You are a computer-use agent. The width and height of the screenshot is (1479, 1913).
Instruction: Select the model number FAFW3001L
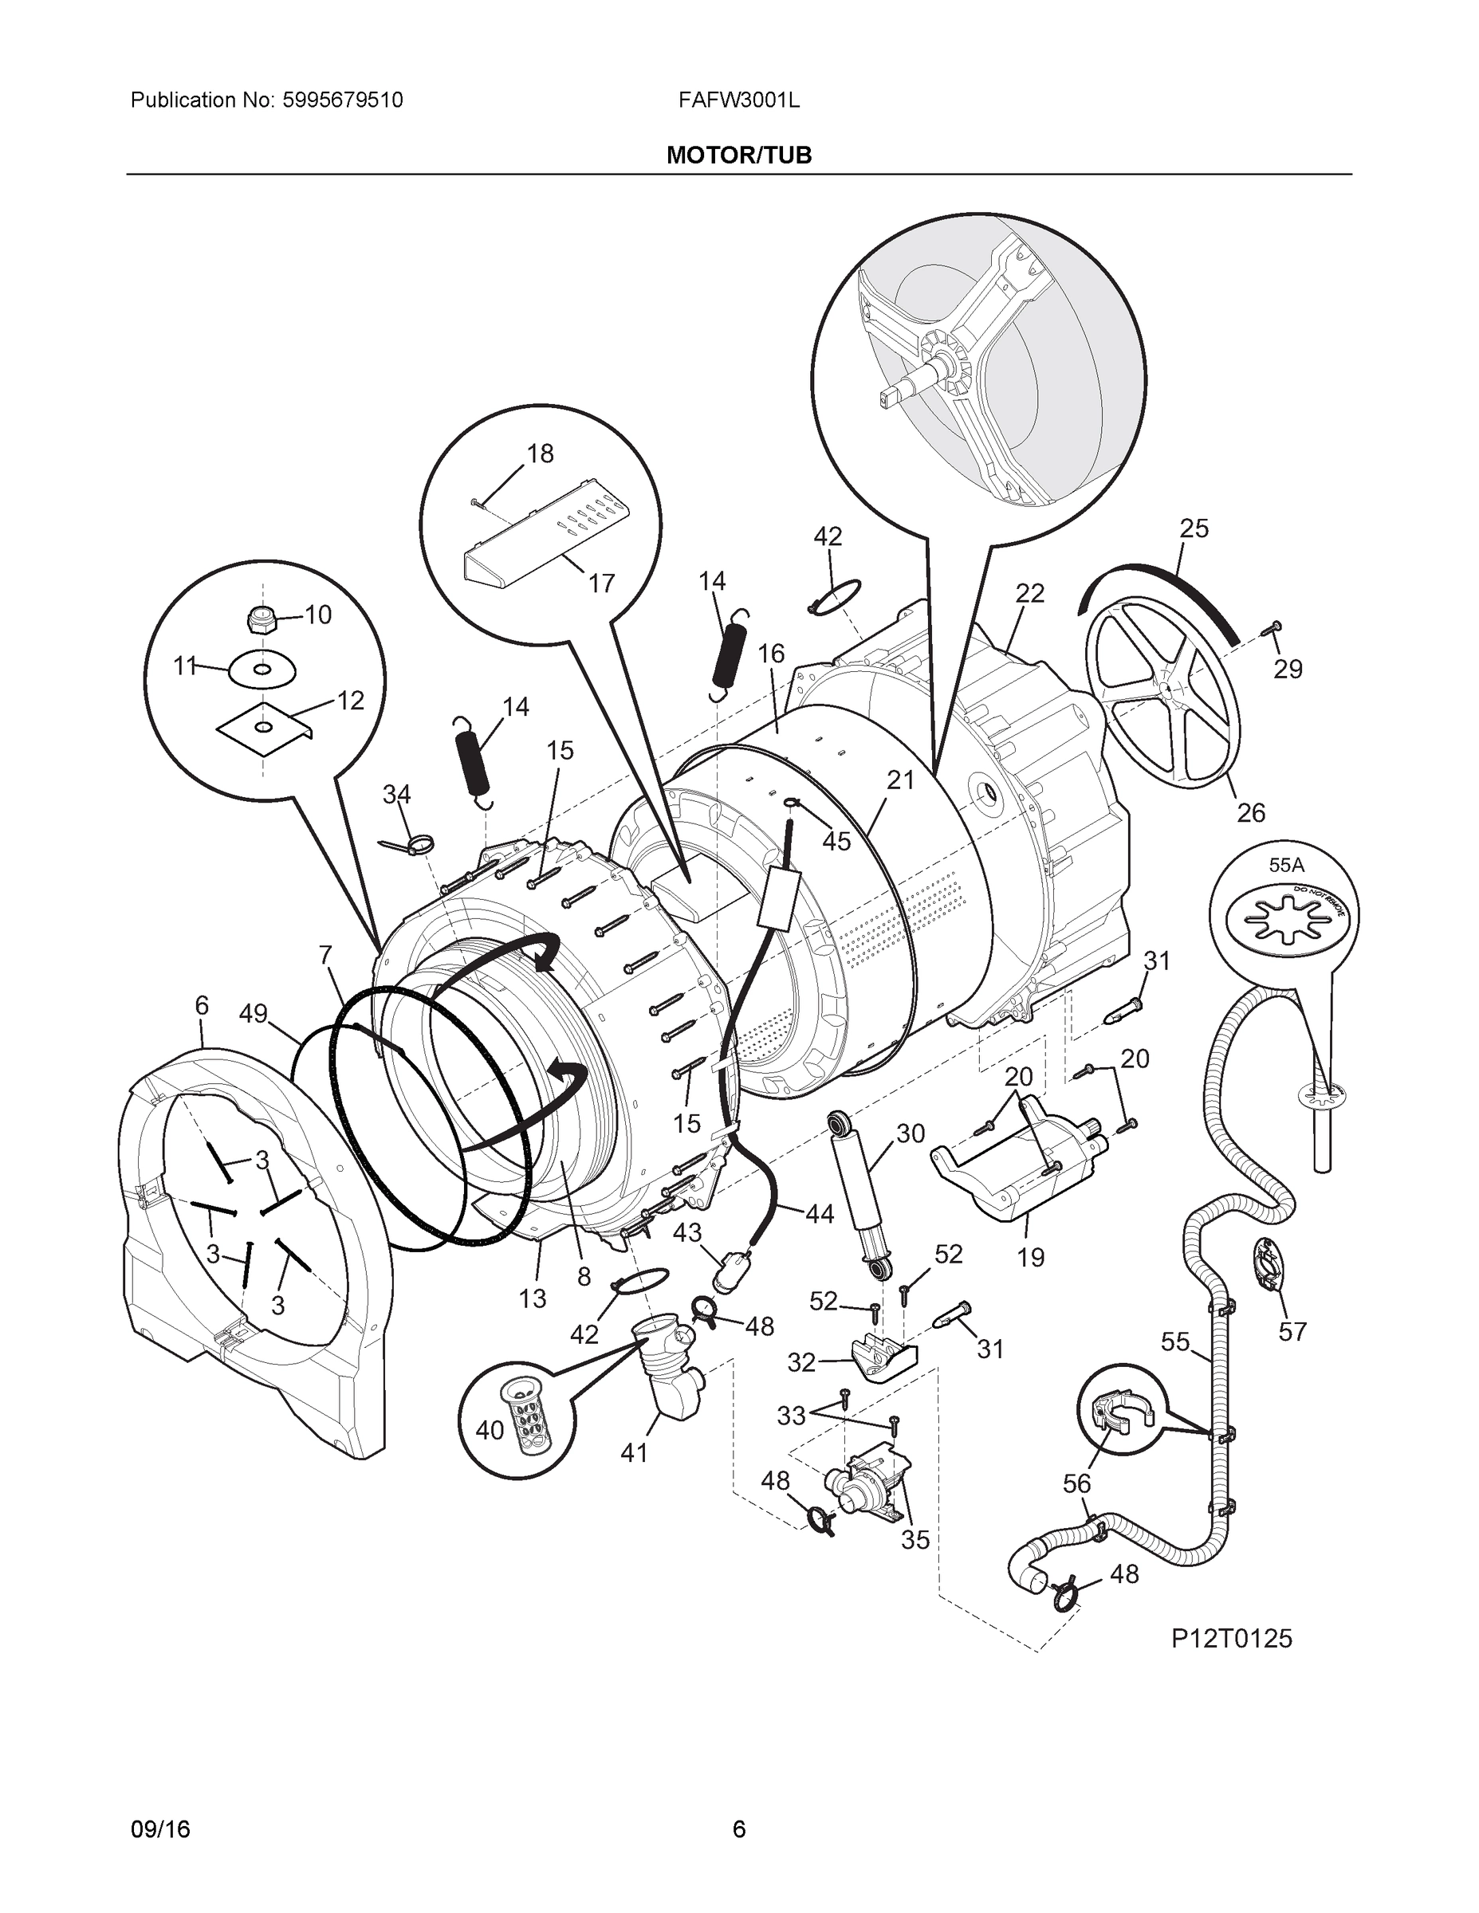[738, 100]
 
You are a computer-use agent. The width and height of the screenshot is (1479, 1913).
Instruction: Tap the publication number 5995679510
[342, 100]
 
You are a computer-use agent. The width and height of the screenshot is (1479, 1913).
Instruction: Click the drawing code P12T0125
[1231, 1638]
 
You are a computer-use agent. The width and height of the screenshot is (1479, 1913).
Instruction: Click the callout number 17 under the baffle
[601, 583]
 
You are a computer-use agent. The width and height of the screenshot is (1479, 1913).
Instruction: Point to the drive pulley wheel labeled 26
[1162, 693]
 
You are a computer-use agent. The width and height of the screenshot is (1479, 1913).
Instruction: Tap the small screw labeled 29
[1272, 627]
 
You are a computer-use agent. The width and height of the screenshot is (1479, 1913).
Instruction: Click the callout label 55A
[1285, 866]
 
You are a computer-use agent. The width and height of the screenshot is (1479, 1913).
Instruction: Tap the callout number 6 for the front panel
[202, 1006]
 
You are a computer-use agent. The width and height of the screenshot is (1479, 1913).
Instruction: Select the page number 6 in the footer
[738, 1829]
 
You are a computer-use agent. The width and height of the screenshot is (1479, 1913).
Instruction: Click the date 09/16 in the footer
[160, 1829]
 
